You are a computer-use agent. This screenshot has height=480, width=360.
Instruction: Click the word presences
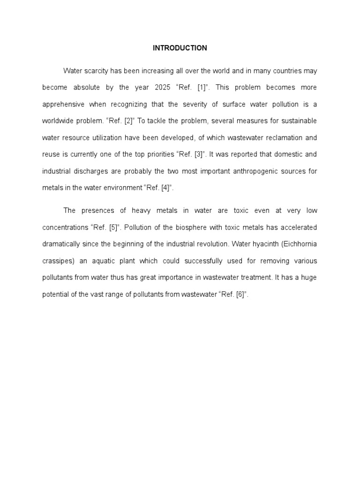[95, 211]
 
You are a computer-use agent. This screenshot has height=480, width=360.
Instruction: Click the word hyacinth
[258, 244]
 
